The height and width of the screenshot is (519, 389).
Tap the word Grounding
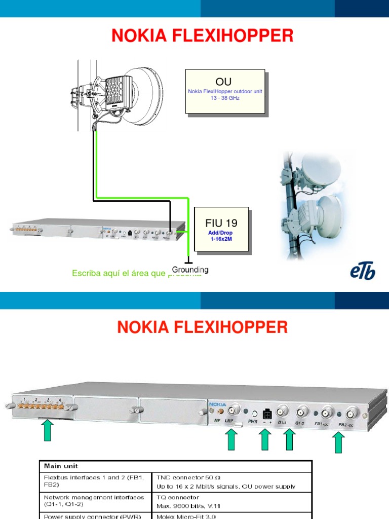(190, 270)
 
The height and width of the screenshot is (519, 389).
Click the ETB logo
(363, 272)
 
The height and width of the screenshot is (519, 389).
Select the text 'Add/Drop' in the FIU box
(221, 233)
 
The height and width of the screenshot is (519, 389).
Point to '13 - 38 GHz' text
(225, 98)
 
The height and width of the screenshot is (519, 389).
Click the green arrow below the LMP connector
(231, 439)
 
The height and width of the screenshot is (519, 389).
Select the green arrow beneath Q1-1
(289, 439)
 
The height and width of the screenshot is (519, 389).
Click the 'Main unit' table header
(61, 466)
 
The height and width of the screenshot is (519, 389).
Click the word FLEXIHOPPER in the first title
(235, 35)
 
